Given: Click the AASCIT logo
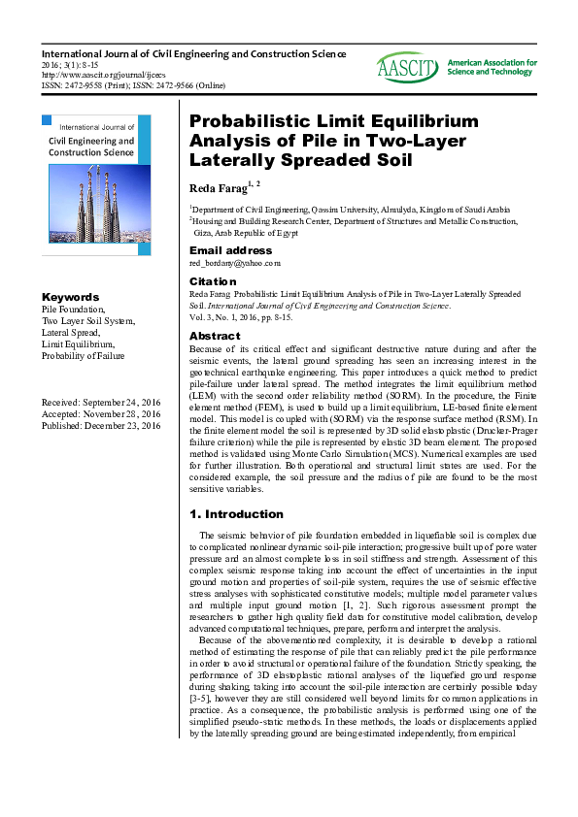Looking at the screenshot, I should (x=409, y=67).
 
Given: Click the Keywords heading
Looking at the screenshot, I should (x=70, y=297).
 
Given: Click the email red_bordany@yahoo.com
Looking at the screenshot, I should (x=235, y=262).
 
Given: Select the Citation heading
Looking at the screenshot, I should (x=212, y=280).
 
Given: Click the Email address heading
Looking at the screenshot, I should (x=230, y=250).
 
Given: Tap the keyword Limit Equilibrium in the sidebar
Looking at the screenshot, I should (x=78, y=344).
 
